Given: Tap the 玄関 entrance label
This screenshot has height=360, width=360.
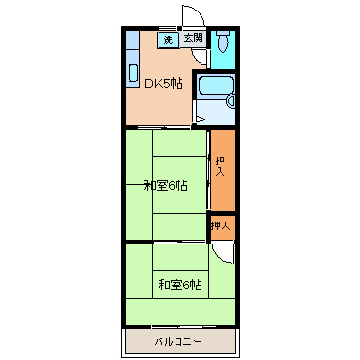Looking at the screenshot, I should pos(193,39).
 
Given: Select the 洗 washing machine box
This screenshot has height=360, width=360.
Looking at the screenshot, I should pos(168,40).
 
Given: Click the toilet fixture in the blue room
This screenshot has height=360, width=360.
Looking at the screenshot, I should pos(222,43).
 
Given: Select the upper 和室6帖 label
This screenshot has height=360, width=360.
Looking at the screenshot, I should pos(165,185).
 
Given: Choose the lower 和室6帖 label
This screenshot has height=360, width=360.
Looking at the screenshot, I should pos(180,284).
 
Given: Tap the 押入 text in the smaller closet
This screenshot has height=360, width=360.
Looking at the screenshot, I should pos(221,226).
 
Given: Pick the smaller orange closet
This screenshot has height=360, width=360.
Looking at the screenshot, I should pos(222,226).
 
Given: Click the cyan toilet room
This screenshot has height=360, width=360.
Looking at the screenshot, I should pos(222,50).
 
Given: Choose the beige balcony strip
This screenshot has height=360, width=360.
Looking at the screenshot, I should pos(178,341).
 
